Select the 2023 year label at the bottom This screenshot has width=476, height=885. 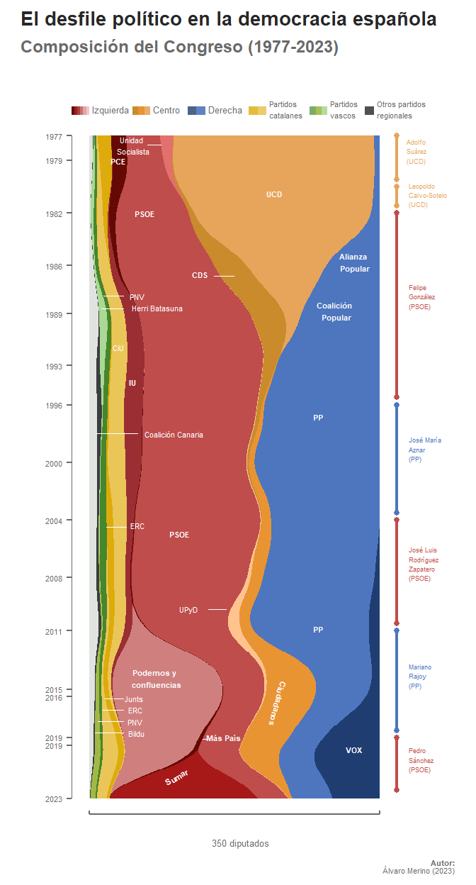(54, 799)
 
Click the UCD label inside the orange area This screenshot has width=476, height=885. (274, 194)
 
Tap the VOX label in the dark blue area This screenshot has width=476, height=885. (353, 750)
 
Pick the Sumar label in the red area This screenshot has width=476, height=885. (176, 778)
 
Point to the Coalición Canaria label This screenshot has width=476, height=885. (174, 435)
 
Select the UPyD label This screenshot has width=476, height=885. (188, 610)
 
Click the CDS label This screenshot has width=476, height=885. (200, 276)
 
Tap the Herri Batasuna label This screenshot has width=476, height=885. (157, 309)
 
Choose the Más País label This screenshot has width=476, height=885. (223, 739)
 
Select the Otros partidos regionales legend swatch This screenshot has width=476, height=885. (369, 111)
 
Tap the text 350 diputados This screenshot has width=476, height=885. (240, 844)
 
